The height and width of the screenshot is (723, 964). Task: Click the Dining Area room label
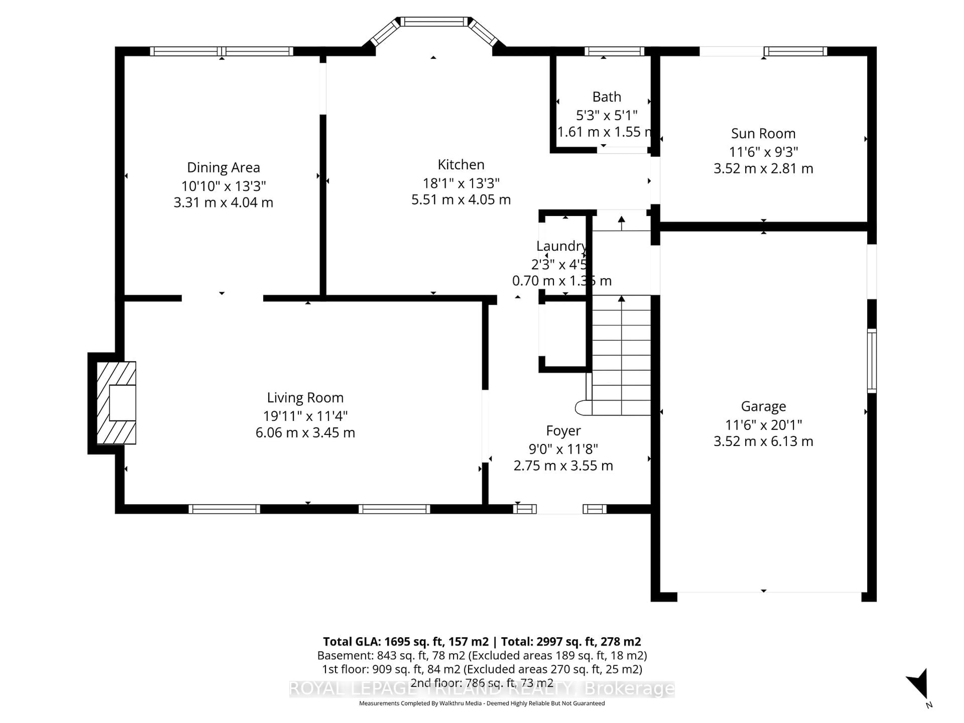[223, 167]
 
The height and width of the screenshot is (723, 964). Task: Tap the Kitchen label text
[461, 164]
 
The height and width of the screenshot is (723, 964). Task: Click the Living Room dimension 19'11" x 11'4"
[305, 416]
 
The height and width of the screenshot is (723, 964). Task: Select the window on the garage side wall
[871, 360]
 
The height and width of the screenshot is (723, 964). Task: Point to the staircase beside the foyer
[621, 355]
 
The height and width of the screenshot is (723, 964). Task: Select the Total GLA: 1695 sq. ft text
[406, 641]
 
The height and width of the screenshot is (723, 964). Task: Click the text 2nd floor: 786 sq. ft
[481, 683]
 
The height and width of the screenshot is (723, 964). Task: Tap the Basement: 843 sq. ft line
[481, 655]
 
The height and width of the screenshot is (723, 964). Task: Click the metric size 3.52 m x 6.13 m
[763, 441]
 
